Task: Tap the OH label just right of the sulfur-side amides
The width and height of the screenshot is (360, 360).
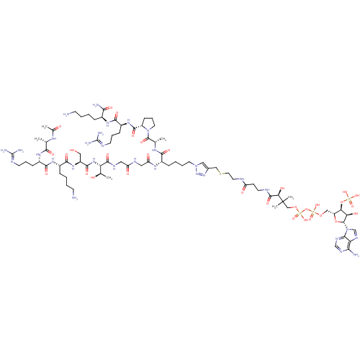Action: click(282, 188)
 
